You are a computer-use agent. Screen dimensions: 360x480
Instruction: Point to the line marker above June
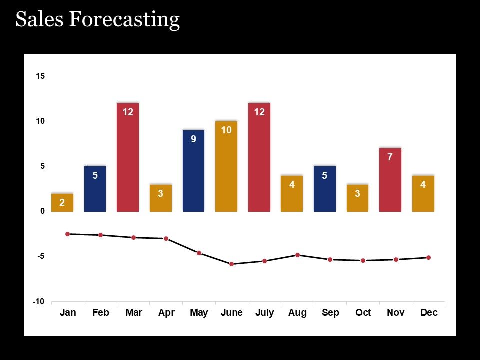tap(231, 264)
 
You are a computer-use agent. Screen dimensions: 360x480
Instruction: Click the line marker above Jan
tap(67, 234)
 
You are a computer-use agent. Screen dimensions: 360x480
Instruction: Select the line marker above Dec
tap(428, 257)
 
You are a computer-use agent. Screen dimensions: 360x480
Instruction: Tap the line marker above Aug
tap(297, 255)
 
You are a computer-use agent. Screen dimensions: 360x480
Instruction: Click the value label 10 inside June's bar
tap(226, 130)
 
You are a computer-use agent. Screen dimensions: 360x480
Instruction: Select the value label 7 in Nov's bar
tap(390, 157)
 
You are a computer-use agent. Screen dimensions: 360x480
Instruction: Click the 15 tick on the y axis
tap(40, 76)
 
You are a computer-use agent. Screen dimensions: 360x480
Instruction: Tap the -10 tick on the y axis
tap(39, 302)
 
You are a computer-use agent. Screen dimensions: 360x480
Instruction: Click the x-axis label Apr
tap(166, 313)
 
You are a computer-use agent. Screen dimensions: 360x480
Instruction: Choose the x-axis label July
tap(264, 313)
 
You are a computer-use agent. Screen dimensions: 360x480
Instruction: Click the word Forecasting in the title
tap(124, 19)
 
